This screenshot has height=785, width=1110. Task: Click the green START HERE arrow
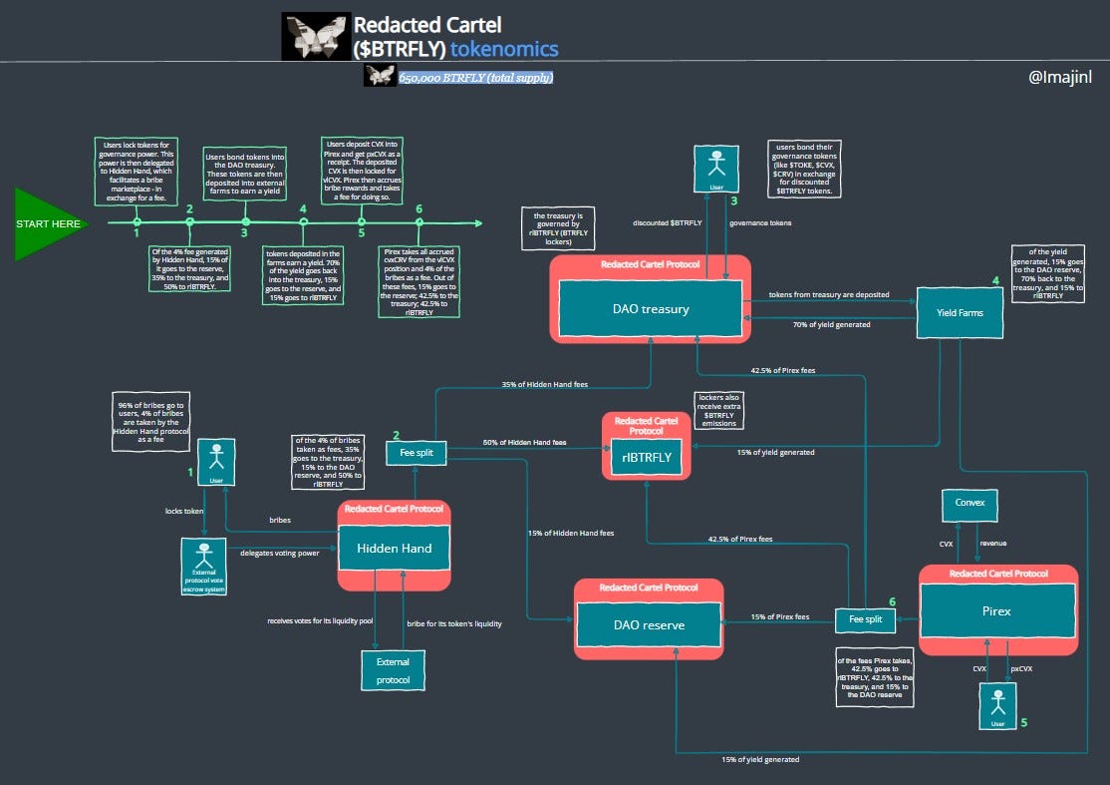click(50, 224)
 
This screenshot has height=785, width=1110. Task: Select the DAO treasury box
click(650, 308)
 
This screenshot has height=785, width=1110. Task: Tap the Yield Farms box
click(961, 312)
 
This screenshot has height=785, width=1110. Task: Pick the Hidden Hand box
click(394, 548)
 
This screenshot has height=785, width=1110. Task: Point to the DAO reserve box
click(649, 625)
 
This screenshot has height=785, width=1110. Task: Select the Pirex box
click(996, 610)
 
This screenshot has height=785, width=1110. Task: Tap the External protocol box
click(392, 669)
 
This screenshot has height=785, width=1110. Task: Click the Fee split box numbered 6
click(865, 619)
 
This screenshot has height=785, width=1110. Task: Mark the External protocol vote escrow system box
click(205, 565)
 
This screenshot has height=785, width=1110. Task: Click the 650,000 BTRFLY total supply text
click(475, 77)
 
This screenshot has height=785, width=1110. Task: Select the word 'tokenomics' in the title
click(504, 49)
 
